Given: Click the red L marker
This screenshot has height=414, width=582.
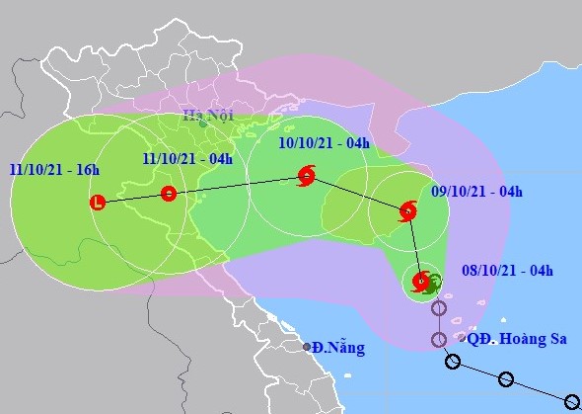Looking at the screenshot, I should (x=97, y=203).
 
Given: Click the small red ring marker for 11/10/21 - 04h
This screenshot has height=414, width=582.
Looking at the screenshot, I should (x=169, y=194).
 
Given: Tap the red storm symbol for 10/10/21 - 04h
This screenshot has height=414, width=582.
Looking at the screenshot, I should (x=307, y=178).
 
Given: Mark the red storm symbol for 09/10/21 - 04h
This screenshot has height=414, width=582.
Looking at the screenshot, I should (x=407, y=210).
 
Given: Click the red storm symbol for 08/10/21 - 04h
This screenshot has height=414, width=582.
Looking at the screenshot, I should (x=421, y=281).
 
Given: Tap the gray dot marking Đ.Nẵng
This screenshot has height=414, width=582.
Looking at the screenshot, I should (x=308, y=347).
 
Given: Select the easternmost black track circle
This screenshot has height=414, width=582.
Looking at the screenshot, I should (x=571, y=401).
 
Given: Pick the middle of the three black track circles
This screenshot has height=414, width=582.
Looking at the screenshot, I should (x=506, y=378).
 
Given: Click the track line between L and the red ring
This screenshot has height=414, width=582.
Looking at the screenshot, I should (x=133, y=198).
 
